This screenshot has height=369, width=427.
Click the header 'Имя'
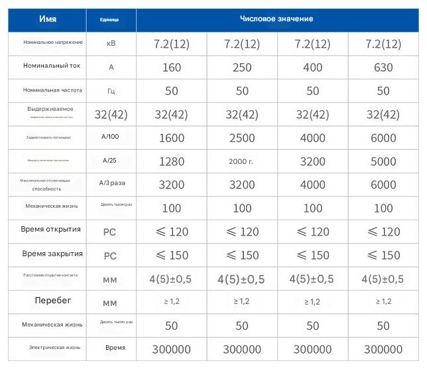(x=48, y=19)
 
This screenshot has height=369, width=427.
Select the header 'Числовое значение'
(x=276, y=19)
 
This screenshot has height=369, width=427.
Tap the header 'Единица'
(x=109, y=20)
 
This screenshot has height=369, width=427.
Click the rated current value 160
(x=171, y=67)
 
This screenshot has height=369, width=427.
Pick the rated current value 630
(x=383, y=67)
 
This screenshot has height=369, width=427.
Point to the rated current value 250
(x=242, y=67)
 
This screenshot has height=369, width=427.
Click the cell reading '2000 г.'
(x=242, y=161)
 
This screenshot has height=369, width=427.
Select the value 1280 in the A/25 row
(x=171, y=161)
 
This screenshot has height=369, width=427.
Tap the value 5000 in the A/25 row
(x=383, y=161)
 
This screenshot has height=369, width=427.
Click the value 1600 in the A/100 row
(x=171, y=137)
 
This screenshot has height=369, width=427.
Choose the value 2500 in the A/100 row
(x=242, y=137)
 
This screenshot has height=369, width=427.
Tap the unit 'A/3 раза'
(x=115, y=184)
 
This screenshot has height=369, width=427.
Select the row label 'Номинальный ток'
(x=52, y=66)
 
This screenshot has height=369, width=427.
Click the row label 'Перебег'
(x=53, y=301)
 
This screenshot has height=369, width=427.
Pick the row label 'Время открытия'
(x=52, y=230)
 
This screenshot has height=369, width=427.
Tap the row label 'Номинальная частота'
(x=52, y=90)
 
